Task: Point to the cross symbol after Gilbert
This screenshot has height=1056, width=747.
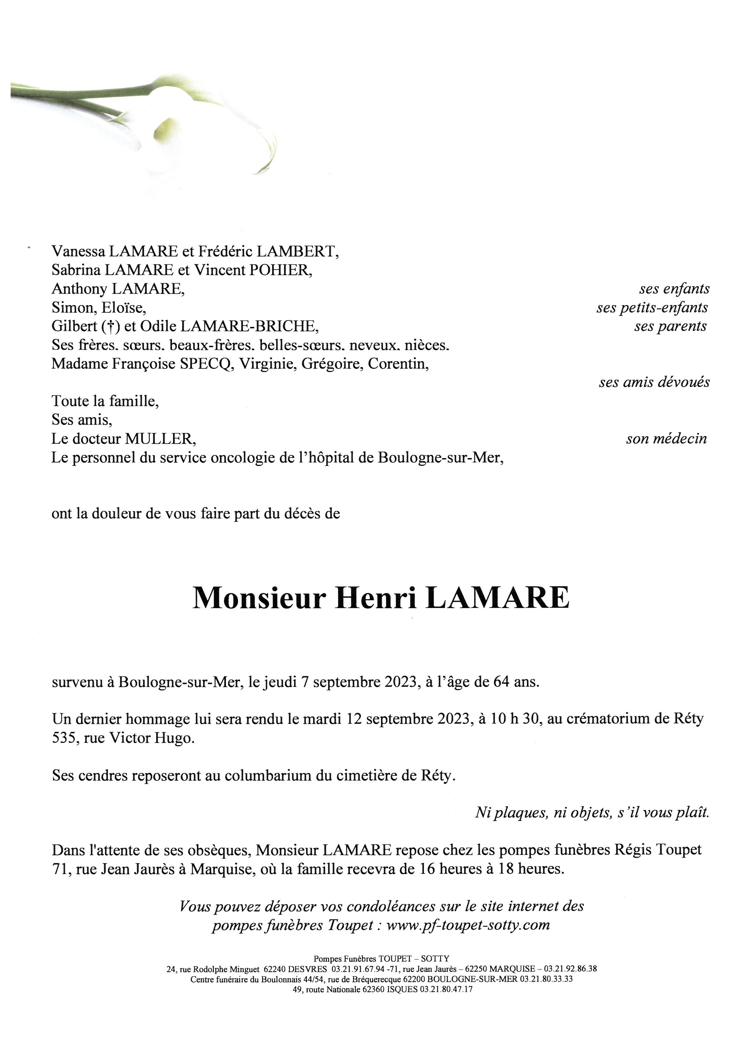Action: pyautogui.click(x=110, y=327)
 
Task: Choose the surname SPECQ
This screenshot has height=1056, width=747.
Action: pyautogui.click(x=206, y=364)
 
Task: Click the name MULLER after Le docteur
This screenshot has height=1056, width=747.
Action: pyautogui.click(x=160, y=439)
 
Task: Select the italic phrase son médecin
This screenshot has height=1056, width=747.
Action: pyautogui.click(x=666, y=439)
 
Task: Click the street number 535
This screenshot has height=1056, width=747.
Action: pyautogui.click(x=65, y=738)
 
